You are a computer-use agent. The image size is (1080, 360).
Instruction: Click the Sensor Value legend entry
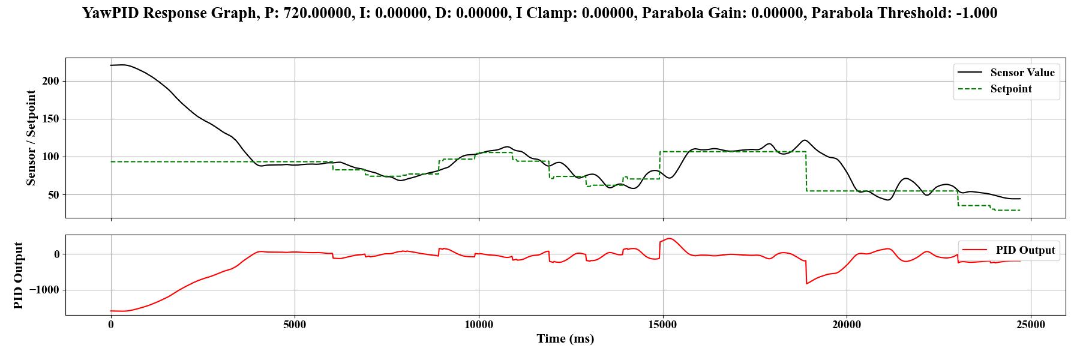tap(1022, 73)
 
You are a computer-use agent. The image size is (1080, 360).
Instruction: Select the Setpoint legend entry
tap(1011, 89)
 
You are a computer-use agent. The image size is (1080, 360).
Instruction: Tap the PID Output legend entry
tap(1025, 250)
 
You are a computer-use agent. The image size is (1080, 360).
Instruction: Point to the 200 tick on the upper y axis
tap(50, 81)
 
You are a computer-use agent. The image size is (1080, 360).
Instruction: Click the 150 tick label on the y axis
tap(50, 119)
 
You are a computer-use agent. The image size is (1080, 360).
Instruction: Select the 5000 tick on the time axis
tap(295, 325)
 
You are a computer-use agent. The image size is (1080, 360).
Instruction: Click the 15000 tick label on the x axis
tap(663, 325)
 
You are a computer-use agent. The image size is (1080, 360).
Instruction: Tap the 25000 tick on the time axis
tap(1031, 325)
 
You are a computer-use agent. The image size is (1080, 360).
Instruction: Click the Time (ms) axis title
tap(565, 339)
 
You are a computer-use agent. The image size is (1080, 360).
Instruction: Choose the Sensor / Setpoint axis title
tap(31, 138)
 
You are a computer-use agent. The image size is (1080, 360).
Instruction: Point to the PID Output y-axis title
tap(18, 275)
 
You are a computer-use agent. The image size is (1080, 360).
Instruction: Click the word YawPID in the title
tap(110, 13)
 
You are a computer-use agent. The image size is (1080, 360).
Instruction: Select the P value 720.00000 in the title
tap(318, 13)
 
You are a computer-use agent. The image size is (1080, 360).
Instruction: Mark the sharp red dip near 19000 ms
tap(807, 283)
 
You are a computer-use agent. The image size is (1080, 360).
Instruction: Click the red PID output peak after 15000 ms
tap(670, 239)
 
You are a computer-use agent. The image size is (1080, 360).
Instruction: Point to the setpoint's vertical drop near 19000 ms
tap(806, 171)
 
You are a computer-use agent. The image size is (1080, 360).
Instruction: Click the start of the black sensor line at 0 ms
tap(111, 65)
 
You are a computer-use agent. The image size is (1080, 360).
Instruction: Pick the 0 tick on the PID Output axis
tap(57, 254)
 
